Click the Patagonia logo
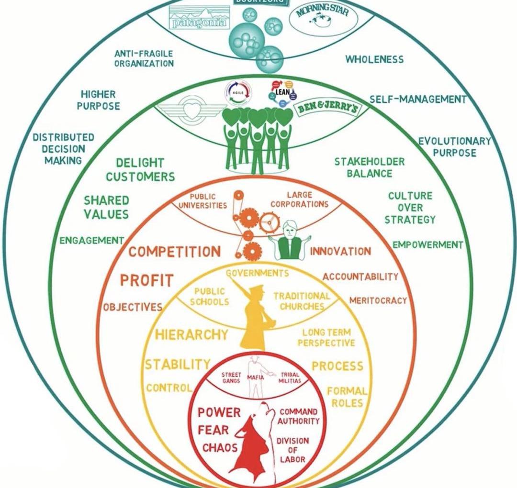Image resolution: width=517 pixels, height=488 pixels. [x=199, y=21]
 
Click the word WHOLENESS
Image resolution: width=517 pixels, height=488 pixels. [x=374, y=59]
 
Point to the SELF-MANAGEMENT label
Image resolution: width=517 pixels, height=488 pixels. [x=417, y=100]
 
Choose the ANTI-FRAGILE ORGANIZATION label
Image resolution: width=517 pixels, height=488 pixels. [x=144, y=58]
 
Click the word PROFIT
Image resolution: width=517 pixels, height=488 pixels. [x=146, y=280]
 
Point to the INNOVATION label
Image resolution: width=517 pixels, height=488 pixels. [x=340, y=251]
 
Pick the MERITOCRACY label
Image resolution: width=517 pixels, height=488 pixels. [x=378, y=300]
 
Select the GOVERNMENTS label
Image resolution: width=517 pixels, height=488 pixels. [x=258, y=273]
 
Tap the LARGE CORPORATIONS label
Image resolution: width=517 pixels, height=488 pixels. [x=300, y=200]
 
